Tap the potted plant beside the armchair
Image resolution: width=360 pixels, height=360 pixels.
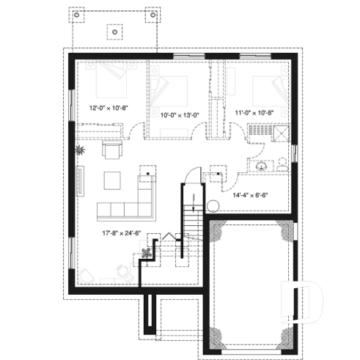pyautogui.click(x=81, y=151)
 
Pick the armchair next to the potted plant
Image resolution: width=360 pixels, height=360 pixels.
pyautogui.click(x=111, y=151)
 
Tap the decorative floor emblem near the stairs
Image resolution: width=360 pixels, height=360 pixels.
pyautogui.click(x=148, y=251)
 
